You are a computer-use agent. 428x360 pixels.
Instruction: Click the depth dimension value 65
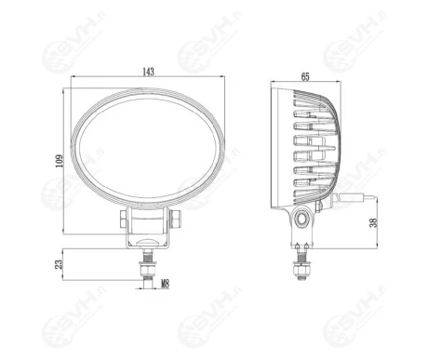pyautogui.click(x=305, y=77)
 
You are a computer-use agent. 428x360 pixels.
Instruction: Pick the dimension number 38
pyautogui.click(x=373, y=223)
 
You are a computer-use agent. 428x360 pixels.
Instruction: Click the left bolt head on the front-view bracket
pyautogui.click(x=125, y=219)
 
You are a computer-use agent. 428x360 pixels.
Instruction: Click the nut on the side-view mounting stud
pyautogui.click(x=301, y=269)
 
